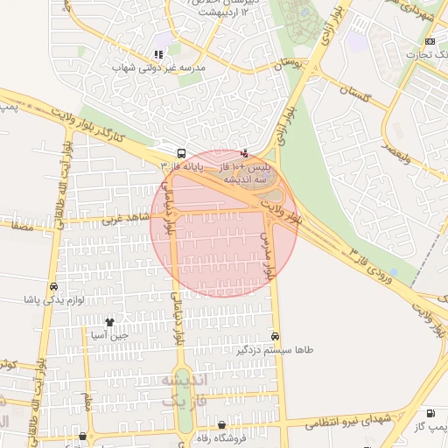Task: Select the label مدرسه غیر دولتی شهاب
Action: pyautogui.click(x=161, y=67)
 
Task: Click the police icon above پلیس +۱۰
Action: pyautogui.click(x=244, y=151)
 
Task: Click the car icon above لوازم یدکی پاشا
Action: pyautogui.click(x=54, y=286)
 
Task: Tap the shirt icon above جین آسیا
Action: pyautogui.click(x=109, y=323)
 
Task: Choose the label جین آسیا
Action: pyautogui.click(x=110, y=335)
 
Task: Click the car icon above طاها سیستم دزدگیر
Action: pyautogui.click(x=276, y=336)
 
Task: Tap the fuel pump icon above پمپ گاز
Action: pyautogui.click(x=438, y=413)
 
